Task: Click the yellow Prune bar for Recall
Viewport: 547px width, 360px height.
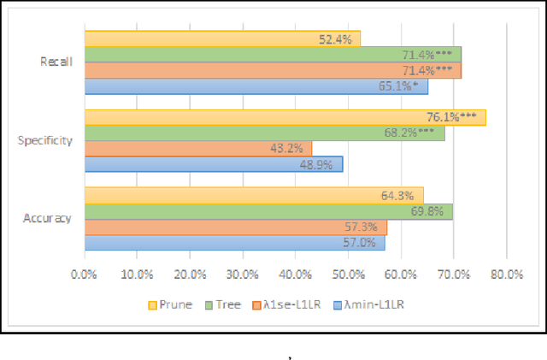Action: (x=222, y=38)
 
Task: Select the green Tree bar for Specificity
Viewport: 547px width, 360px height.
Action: (x=264, y=133)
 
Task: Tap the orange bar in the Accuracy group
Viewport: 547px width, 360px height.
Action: (x=235, y=227)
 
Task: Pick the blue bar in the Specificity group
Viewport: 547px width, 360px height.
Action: (x=213, y=164)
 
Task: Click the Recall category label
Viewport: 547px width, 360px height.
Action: (x=56, y=62)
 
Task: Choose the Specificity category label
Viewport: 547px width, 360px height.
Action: (x=46, y=140)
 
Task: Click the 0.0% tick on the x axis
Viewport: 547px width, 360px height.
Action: (x=84, y=273)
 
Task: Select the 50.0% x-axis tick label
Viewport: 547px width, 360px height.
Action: (x=348, y=273)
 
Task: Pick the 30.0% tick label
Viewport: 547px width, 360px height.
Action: (x=243, y=273)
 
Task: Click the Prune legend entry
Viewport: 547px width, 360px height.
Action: (x=170, y=304)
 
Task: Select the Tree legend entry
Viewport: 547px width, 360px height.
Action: (x=222, y=304)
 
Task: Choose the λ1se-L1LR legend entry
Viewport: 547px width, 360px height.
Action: (x=289, y=304)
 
